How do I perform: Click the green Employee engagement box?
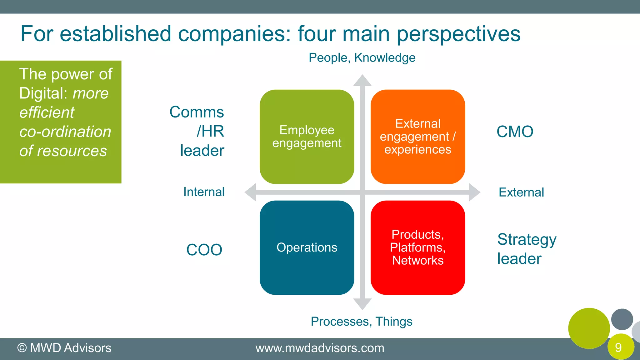click(307, 137)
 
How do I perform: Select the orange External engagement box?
click(418, 137)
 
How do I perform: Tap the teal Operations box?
click(307, 247)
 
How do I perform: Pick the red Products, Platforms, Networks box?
click(418, 247)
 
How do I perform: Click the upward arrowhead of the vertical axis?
click(362, 81)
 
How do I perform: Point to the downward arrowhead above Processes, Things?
click(362, 304)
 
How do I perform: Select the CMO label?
click(515, 132)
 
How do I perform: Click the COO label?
click(204, 250)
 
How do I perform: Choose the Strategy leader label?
click(527, 249)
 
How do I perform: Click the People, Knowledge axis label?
click(362, 58)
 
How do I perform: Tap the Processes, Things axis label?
click(362, 322)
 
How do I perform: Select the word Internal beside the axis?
click(204, 192)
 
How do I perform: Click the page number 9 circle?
click(620, 347)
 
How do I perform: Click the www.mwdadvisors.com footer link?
click(320, 348)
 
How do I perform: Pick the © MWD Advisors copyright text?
click(64, 348)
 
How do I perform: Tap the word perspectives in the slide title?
click(458, 34)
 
